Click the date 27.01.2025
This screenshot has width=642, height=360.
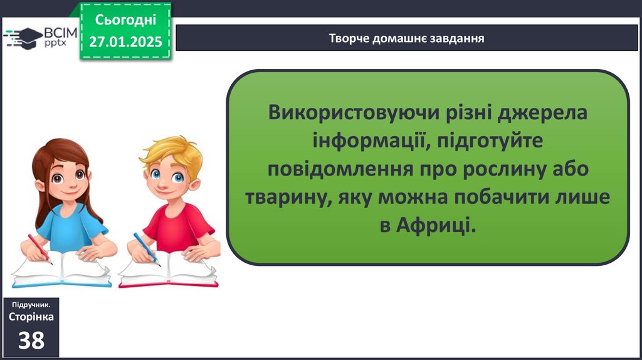click(125, 42)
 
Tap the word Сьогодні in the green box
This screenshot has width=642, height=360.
click(125, 19)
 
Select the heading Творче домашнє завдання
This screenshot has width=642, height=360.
click(406, 38)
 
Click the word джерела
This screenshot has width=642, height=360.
click(542, 113)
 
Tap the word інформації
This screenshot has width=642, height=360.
click(371, 140)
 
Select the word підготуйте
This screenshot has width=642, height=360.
click(490, 141)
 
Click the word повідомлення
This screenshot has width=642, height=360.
click(340, 169)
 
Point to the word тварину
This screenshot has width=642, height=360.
click(288, 198)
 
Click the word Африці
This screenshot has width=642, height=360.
click(436, 225)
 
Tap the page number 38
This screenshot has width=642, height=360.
click(31, 340)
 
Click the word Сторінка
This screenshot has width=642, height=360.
click(31, 317)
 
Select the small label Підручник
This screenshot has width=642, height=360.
click(31, 305)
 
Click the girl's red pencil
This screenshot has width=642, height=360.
click(39, 248)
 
